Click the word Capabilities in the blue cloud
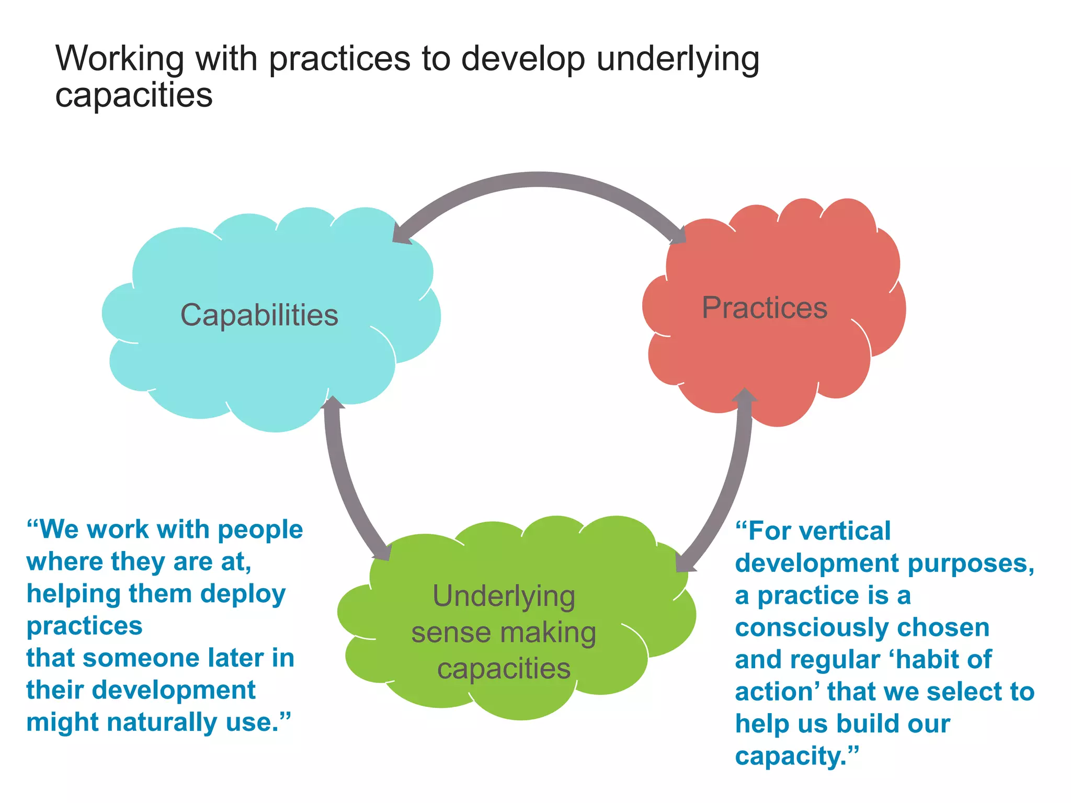pyautogui.click(x=259, y=315)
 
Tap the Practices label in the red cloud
pyautogui.click(x=764, y=307)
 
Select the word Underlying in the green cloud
pyautogui.click(x=504, y=596)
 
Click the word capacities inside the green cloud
pyautogui.click(x=504, y=669)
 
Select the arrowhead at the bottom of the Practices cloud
pyautogui.click(x=744, y=396)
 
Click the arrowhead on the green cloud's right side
pyautogui.click(x=685, y=563)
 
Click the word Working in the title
pyautogui.click(x=120, y=59)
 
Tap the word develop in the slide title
pyautogui.click(x=522, y=59)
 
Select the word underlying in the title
pyautogui.click(x=678, y=60)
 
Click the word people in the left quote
pyautogui.click(x=260, y=530)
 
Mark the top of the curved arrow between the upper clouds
pyautogui.click(x=539, y=179)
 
